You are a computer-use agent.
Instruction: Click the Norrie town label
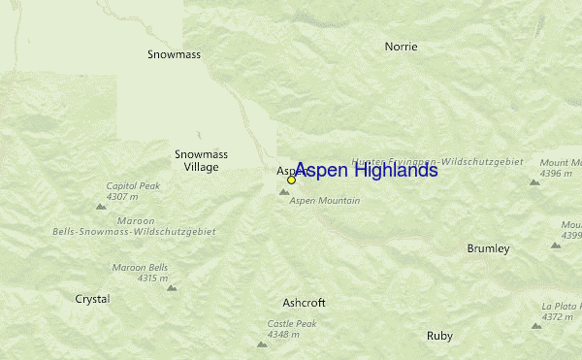click(x=401, y=46)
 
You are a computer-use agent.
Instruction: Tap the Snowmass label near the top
click(x=174, y=54)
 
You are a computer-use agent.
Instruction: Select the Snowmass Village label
click(x=196, y=160)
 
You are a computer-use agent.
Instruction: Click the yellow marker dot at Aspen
click(x=291, y=180)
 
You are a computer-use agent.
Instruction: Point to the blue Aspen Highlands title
click(x=366, y=171)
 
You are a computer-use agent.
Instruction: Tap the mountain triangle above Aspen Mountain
click(x=284, y=192)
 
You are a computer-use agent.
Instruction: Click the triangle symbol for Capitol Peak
click(x=100, y=206)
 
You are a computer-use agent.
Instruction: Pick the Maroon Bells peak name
click(x=140, y=267)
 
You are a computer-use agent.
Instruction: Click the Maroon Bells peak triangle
click(x=172, y=287)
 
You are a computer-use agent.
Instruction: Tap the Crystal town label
click(x=92, y=299)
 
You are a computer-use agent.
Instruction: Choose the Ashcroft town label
click(x=304, y=303)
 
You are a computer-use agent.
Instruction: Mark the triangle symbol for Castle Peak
click(x=261, y=344)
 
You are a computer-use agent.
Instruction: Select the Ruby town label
click(x=439, y=336)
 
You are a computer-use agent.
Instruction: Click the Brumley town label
click(x=488, y=248)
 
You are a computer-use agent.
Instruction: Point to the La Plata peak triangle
click(x=536, y=326)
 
